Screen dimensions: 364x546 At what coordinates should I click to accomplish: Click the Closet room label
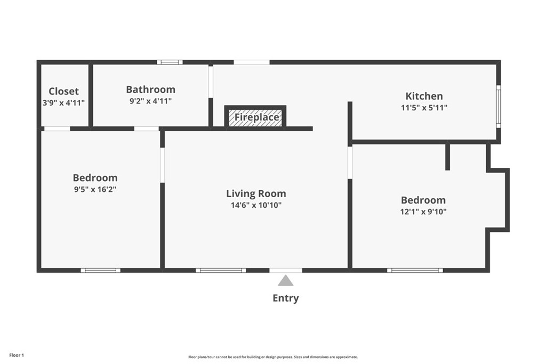click(x=63, y=91)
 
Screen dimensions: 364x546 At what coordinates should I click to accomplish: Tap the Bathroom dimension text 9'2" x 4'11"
click(x=150, y=101)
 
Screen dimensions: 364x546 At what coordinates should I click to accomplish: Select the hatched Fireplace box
click(x=255, y=118)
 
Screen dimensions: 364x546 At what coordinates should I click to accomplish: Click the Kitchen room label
click(x=424, y=96)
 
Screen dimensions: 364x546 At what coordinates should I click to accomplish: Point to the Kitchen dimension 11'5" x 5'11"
click(x=424, y=108)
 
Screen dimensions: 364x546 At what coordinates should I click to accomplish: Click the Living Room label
click(x=256, y=193)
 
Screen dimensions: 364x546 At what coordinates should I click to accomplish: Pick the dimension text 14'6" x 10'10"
click(x=256, y=205)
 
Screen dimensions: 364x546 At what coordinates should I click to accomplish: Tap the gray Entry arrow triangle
click(x=286, y=281)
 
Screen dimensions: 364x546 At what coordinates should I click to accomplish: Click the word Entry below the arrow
click(x=286, y=298)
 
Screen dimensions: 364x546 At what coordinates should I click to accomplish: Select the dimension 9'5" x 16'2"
click(x=95, y=189)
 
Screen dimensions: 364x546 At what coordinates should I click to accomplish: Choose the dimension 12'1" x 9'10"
click(x=423, y=212)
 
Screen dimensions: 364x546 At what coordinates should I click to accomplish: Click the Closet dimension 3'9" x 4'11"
click(x=63, y=102)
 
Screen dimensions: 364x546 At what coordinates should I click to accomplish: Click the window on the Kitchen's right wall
click(x=498, y=106)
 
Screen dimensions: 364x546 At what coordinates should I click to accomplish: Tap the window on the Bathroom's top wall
click(x=170, y=62)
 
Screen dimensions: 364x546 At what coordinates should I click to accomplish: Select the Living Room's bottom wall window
click(x=221, y=270)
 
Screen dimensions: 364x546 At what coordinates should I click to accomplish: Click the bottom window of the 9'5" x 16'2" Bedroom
click(x=100, y=270)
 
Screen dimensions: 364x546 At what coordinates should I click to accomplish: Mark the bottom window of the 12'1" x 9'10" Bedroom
click(x=415, y=270)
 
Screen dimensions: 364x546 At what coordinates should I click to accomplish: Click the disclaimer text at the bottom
click(x=272, y=357)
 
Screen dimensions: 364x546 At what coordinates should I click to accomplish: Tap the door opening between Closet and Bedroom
click(x=57, y=128)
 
